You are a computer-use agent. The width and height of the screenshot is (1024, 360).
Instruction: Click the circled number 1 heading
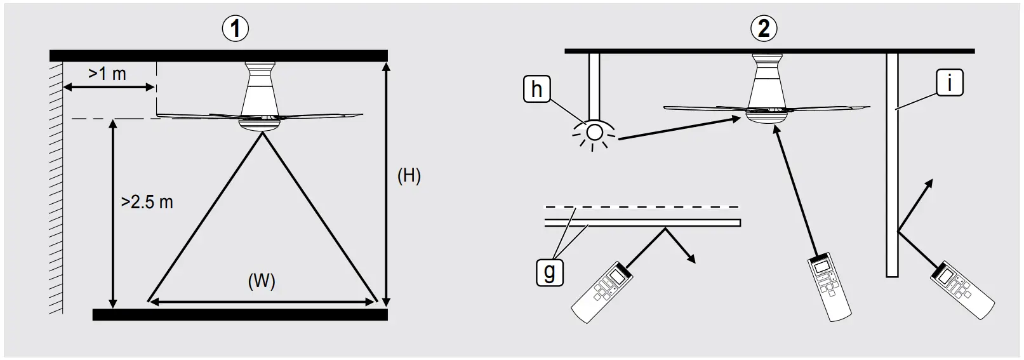[x=236, y=29]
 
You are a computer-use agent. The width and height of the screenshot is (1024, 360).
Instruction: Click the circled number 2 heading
[x=763, y=28]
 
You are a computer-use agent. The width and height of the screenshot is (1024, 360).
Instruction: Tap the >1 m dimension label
[x=107, y=74]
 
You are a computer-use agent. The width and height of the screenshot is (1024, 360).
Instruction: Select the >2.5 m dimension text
[x=147, y=202]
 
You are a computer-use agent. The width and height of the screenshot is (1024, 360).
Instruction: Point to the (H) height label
[x=409, y=175]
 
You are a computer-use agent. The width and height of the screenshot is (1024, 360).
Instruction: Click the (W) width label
[x=262, y=281]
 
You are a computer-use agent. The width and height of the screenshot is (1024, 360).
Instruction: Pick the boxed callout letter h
[x=536, y=90]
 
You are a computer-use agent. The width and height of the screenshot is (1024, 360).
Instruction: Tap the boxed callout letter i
[x=949, y=83]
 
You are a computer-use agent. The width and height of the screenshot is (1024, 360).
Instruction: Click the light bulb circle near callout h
[x=594, y=132]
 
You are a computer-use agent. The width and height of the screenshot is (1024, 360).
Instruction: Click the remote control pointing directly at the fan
[x=829, y=288]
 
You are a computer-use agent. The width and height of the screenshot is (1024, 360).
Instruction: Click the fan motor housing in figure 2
[x=767, y=86]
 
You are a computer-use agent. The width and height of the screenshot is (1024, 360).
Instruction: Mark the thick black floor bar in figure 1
[x=240, y=314]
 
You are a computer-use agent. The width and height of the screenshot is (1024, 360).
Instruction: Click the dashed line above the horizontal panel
[x=641, y=207]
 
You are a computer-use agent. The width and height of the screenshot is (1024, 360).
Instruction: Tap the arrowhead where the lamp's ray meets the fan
[x=736, y=118]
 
